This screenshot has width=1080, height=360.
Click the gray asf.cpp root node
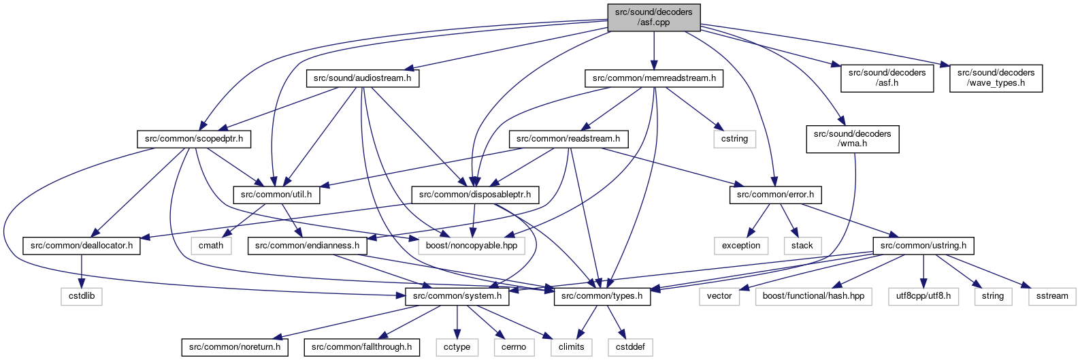pos(653,17)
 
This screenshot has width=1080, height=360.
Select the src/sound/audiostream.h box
pos(363,78)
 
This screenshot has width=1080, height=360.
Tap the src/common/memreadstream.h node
pos(654,78)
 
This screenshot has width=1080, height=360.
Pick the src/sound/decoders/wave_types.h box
pos(996,78)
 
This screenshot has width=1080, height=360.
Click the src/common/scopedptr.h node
pos(194,139)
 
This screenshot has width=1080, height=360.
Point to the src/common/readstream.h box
pos(568,139)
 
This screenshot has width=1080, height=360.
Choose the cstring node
pos(734,139)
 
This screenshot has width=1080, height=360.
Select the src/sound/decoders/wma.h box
pos(853,139)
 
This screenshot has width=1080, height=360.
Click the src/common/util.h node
pos(276,195)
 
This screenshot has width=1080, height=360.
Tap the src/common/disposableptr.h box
pos(475,195)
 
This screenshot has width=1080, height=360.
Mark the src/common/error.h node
pos(775,195)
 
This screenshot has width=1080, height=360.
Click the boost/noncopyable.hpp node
pos(471,246)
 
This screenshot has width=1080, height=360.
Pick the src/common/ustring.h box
pos(923,246)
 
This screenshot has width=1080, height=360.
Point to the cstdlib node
pos(82,296)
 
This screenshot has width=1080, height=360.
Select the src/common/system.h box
pos(457,296)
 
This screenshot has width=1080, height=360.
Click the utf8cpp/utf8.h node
pos(923,296)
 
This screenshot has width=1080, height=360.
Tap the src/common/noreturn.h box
pos(235,347)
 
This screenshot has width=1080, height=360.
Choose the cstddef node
pos(630,347)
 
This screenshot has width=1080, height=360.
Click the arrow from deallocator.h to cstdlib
pos(82,271)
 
